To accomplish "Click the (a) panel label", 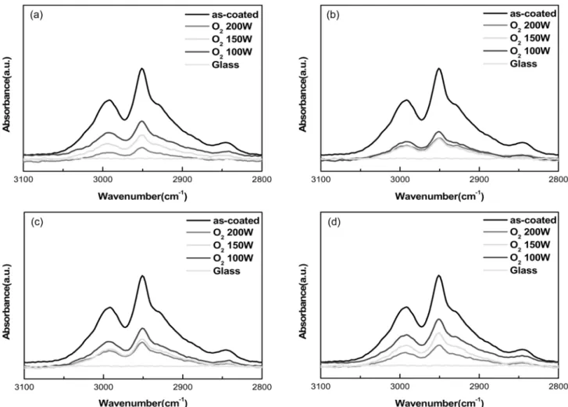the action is click(x=37, y=15).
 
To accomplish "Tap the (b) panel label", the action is click(x=333, y=15).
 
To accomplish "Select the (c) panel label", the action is click(x=38, y=222).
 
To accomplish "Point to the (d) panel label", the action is click(x=334, y=222).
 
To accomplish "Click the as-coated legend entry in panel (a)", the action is click(x=222, y=15).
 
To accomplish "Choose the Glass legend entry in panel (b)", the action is click(x=510, y=64).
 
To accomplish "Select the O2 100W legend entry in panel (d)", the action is click(x=516, y=258).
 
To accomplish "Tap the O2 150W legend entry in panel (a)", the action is click(x=219, y=39).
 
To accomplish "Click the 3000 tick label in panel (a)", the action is click(x=103, y=179).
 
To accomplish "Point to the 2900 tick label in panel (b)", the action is click(x=479, y=179).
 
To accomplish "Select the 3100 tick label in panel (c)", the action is click(x=24, y=387).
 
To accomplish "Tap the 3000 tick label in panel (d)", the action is click(x=399, y=387).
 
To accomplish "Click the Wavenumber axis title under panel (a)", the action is click(x=142, y=196).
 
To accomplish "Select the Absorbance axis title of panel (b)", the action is click(x=303, y=95).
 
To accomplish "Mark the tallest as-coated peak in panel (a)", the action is click(x=142, y=69).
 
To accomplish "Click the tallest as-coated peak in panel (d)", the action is click(x=439, y=276).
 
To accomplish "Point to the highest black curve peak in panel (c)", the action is click(x=142, y=277).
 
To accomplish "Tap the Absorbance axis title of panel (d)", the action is click(x=303, y=302).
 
